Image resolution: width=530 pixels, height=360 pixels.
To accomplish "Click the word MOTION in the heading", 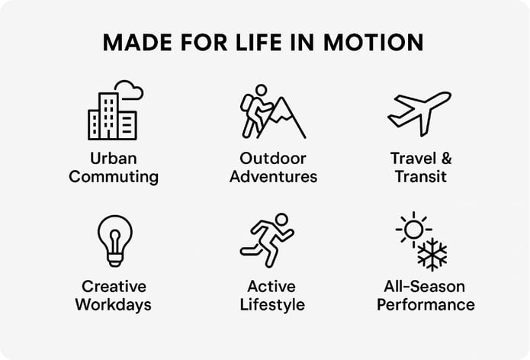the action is pyautogui.click(x=373, y=42).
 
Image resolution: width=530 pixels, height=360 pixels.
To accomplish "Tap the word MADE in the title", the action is pyautogui.click(x=137, y=42).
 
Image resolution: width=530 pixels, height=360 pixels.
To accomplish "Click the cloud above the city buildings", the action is pyautogui.click(x=130, y=89).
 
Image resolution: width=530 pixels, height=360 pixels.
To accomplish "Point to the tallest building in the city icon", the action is pyautogui.click(x=108, y=116).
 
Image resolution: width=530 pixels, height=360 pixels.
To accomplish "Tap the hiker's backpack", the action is pyautogui.click(x=247, y=104).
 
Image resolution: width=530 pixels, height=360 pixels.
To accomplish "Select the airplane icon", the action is pyautogui.click(x=419, y=114).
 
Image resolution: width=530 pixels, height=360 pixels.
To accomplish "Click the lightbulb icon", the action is pyautogui.click(x=115, y=241).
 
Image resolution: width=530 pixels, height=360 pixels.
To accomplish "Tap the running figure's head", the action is pyautogui.click(x=281, y=219).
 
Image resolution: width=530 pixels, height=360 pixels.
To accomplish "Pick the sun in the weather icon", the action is pyautogui.click(x=413, y=230).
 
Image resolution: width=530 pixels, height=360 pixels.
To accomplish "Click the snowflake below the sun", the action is pyautogui.click(x=432, y=254).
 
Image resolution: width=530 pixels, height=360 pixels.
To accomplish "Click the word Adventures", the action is pyautogui.click(x=273, y=176).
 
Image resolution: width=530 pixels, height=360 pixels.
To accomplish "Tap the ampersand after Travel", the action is pyautogui.click(x=446, y=158).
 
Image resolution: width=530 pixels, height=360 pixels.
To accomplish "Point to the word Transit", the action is pyautogui.click(x=421, y=176).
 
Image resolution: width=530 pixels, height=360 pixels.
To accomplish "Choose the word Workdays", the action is pyautogui.click(x=113, y=304).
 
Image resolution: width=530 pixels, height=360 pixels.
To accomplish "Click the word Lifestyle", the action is pyautogui.click(x=272, y=304).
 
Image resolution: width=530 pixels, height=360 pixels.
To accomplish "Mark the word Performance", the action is pyautogui.click(x=426, y=304).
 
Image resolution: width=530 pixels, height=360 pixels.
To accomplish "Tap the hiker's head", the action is pyautogui.click(x=261, y=90).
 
